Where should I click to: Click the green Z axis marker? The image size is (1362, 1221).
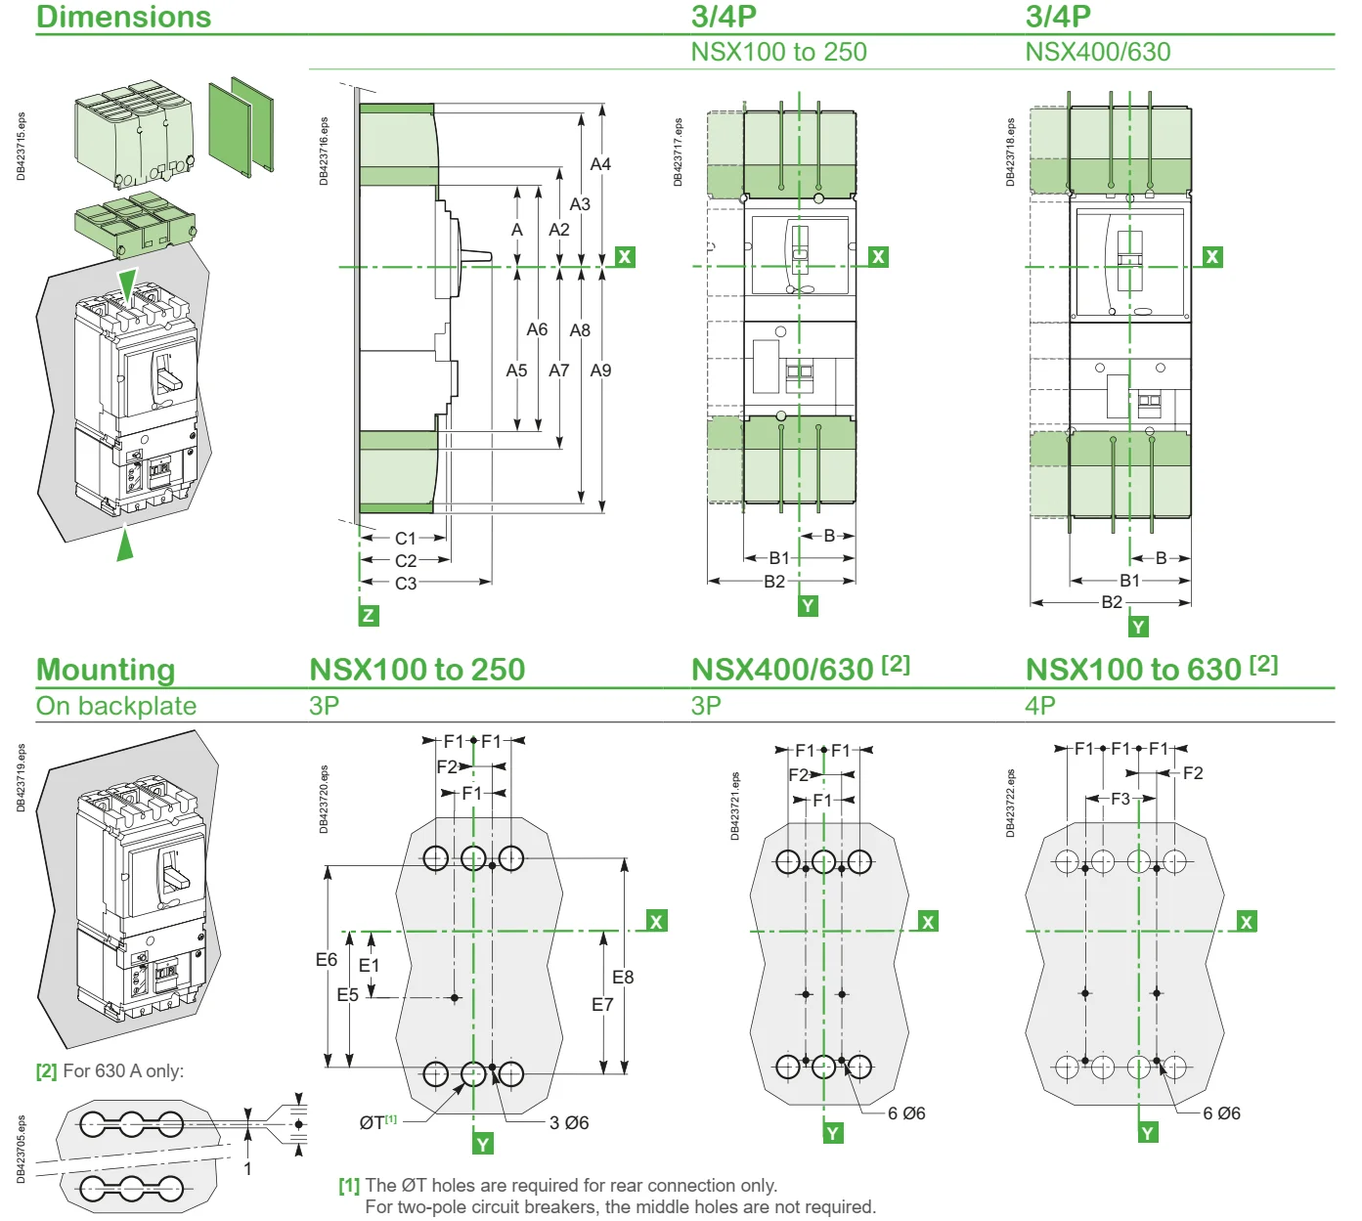tap(369, 615)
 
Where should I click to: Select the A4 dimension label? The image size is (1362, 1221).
tap(600, 164)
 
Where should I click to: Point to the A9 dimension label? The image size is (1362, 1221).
tap(600, 371)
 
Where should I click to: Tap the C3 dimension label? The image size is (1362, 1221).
tap(406, 584)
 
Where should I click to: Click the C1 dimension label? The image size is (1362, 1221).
tap(406, 539)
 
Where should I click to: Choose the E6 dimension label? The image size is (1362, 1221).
tap(327, 960)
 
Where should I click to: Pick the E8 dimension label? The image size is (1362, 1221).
tap(623, 977)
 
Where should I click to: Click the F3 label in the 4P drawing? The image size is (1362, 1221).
tap(1120, 799)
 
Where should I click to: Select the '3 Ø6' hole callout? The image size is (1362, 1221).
tap(569, 1122)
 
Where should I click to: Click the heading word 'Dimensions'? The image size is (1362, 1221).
tap(123, 17)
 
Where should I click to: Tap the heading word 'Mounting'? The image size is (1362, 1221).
tap(106, 670)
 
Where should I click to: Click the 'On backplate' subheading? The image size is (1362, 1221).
tap(116, 706)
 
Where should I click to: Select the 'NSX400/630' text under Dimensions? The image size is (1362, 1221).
tap(1097, 52)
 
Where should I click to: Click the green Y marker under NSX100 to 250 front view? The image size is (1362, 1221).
tap(808, 606)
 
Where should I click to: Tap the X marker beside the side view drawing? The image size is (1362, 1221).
tap(625, 257)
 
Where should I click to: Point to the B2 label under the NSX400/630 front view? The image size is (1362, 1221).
tap(1112, 602)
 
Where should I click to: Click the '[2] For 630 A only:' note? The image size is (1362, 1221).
tap(110, 1070)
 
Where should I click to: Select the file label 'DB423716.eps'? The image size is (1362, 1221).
tap(325, 152)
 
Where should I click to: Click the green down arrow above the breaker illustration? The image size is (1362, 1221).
tap(127, 284)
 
